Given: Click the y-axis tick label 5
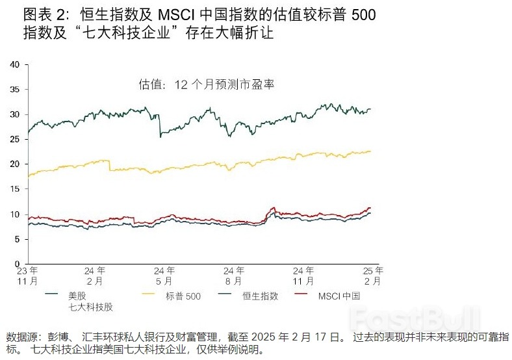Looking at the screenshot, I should (x=19, y=239).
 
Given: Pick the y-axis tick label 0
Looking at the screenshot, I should (x=19, y=264).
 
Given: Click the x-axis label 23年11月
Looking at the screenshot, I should (x=27, y=276).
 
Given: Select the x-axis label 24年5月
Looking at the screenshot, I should (x=164, y=276).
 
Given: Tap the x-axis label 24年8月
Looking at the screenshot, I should (x=233, y=276).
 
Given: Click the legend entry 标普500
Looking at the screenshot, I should (x=183, y=296).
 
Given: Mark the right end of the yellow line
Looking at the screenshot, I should (x=371, y=151).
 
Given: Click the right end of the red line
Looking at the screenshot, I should (x=371, y=208).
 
